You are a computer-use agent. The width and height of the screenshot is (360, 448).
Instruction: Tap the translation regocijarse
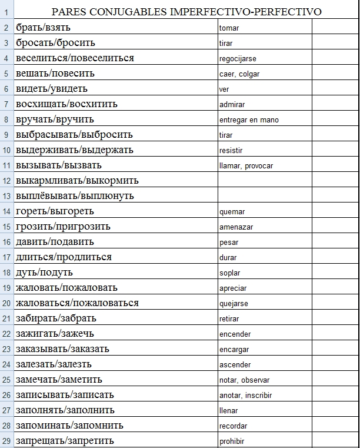(237, 59)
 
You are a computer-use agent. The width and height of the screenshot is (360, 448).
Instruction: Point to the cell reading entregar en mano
(248, 120)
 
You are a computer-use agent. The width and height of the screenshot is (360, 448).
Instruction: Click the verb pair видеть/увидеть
(52, 89)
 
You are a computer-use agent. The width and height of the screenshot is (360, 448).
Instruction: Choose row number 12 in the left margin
(6, 181)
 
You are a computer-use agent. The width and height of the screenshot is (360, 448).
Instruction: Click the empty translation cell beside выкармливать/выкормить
(264, 181)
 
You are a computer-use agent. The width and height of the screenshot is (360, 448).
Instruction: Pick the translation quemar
(232, 212)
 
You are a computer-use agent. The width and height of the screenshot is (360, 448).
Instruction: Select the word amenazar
(236, 227)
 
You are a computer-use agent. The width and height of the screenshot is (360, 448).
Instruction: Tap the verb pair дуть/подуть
(44, 273)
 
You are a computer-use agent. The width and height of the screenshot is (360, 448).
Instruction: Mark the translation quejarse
(233, 304)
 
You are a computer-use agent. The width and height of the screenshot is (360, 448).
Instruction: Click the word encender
(235, 334)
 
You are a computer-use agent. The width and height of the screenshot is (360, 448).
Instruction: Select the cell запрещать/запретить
(65, 441)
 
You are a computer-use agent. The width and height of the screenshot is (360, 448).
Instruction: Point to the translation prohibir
(231, 442)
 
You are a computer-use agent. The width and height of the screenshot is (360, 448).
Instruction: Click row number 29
(6, 441)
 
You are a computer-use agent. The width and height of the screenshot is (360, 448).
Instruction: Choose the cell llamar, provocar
(245, 166)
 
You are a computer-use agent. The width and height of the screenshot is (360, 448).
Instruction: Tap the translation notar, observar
(244, 380)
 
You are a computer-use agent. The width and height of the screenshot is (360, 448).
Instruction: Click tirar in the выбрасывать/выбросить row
(226, 135)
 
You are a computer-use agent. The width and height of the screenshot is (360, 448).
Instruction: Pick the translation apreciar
(232, 288)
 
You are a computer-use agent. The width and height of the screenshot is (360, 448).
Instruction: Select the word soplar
(229, 273)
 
